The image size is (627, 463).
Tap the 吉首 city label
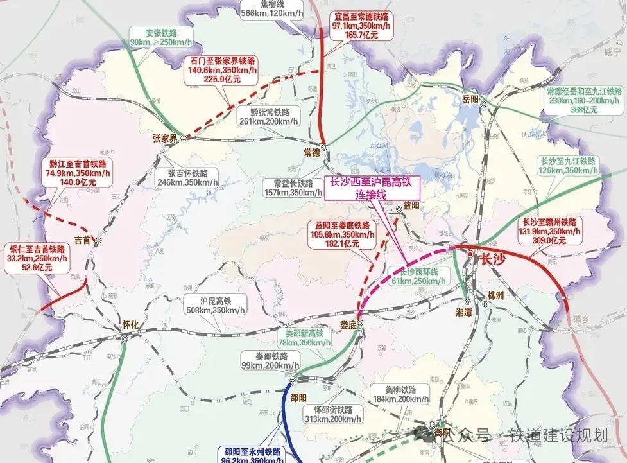pyautogui.click(x=83, y=240)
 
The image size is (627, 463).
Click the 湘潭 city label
pyautogui.click(x=464, y=311)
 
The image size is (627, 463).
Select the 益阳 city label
pyautogui.click(x=411, y=205)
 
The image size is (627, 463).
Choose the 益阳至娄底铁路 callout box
pyautogui.click(x=343, y=234)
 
